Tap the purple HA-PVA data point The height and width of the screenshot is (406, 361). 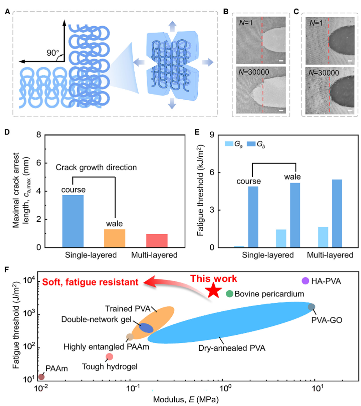(x=305, y=281)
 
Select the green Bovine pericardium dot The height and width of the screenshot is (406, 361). (x=229, y=294)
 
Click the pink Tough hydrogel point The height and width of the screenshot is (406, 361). (x=109, y=357)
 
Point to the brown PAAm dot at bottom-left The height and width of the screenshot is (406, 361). (x=41, y=376)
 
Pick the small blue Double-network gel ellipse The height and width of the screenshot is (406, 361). (x=146, y=328)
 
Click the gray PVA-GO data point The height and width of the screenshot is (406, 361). (x=311, y=307)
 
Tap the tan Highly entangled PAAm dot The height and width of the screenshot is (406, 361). (x=130, y=337)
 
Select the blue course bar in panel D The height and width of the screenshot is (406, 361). (x=73, y=221)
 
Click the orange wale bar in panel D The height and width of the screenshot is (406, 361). (x=114, y=238)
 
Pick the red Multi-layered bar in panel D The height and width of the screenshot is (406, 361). (x=157, y=240)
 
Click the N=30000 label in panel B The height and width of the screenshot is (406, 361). (x=254, y=73)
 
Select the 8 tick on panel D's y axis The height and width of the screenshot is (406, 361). (x=38, y=135)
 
